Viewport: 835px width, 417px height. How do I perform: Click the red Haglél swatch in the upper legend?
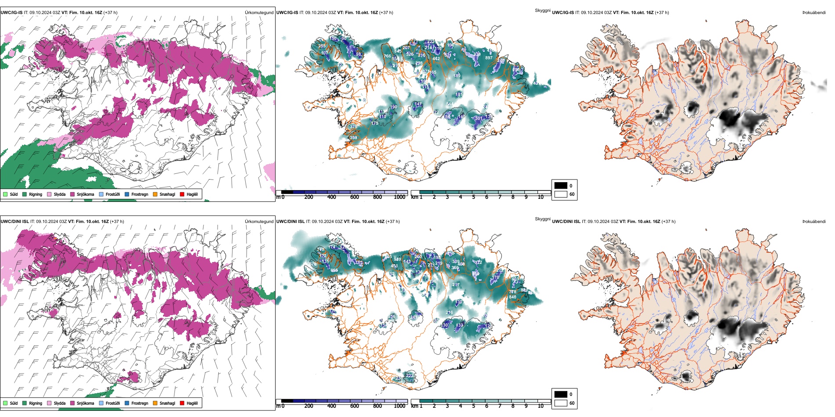(182, 194)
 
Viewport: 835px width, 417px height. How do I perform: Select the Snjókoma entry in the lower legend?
(73, 403)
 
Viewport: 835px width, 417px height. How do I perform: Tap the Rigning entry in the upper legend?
(25, 194)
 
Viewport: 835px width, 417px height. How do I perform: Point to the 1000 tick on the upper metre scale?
(399, 197)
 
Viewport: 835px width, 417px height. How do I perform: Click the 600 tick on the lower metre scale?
(354, 406)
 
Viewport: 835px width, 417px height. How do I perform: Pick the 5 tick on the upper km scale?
(473, 197)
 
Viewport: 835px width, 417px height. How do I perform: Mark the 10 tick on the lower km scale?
(541, 406)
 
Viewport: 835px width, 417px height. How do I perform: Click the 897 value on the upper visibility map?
(489, 58)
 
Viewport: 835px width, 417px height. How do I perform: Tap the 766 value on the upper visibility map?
(387, 56)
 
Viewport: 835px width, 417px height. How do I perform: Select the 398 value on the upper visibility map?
(353, 138)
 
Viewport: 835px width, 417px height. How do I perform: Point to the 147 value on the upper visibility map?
(418, 104)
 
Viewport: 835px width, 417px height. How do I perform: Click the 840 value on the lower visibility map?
(512, 297)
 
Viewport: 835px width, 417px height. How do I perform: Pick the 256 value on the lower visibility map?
(392, 316)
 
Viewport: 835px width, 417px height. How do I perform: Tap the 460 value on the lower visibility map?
(476, 273)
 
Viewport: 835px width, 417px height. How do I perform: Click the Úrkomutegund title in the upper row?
(259, 13)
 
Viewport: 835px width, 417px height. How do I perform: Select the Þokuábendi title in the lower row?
(814, 222)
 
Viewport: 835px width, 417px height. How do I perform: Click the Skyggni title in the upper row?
(542, 10)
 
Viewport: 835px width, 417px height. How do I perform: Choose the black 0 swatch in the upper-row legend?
(561, 186)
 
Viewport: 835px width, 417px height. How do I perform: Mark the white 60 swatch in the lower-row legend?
(561, 403)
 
